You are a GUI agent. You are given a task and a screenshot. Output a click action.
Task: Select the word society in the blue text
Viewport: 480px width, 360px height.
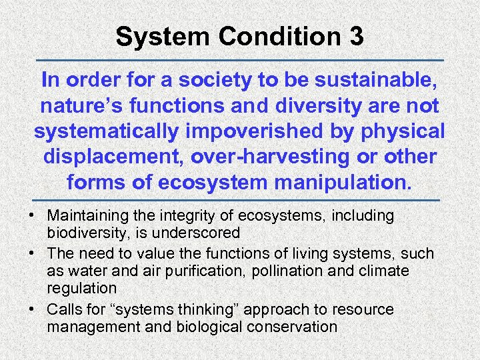tap(218, 80)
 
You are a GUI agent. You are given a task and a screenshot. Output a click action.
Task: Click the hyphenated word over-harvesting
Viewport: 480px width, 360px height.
tap(297, 156)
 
